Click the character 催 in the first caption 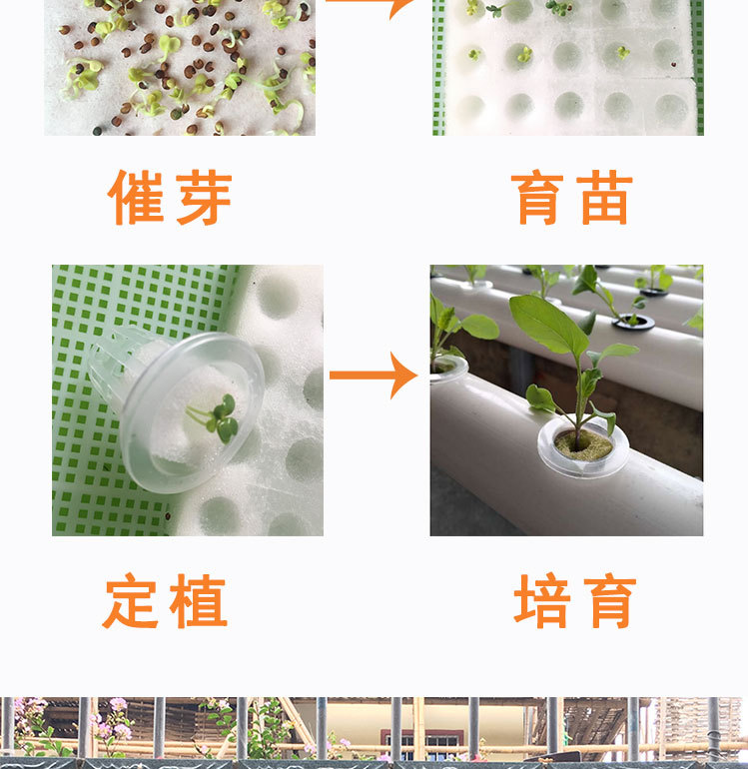pos(136,197)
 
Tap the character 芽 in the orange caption pos(204,197)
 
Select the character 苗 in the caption pos(604,197)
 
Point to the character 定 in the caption pos(131,600)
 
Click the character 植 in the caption pos(198,600)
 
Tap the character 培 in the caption pos(542,600)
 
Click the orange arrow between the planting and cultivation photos pos(374,376)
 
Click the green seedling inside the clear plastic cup pos(216,417)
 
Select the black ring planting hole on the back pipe pos(633,322)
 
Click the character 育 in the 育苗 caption pos(537,197)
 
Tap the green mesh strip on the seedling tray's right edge pos(697,68)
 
